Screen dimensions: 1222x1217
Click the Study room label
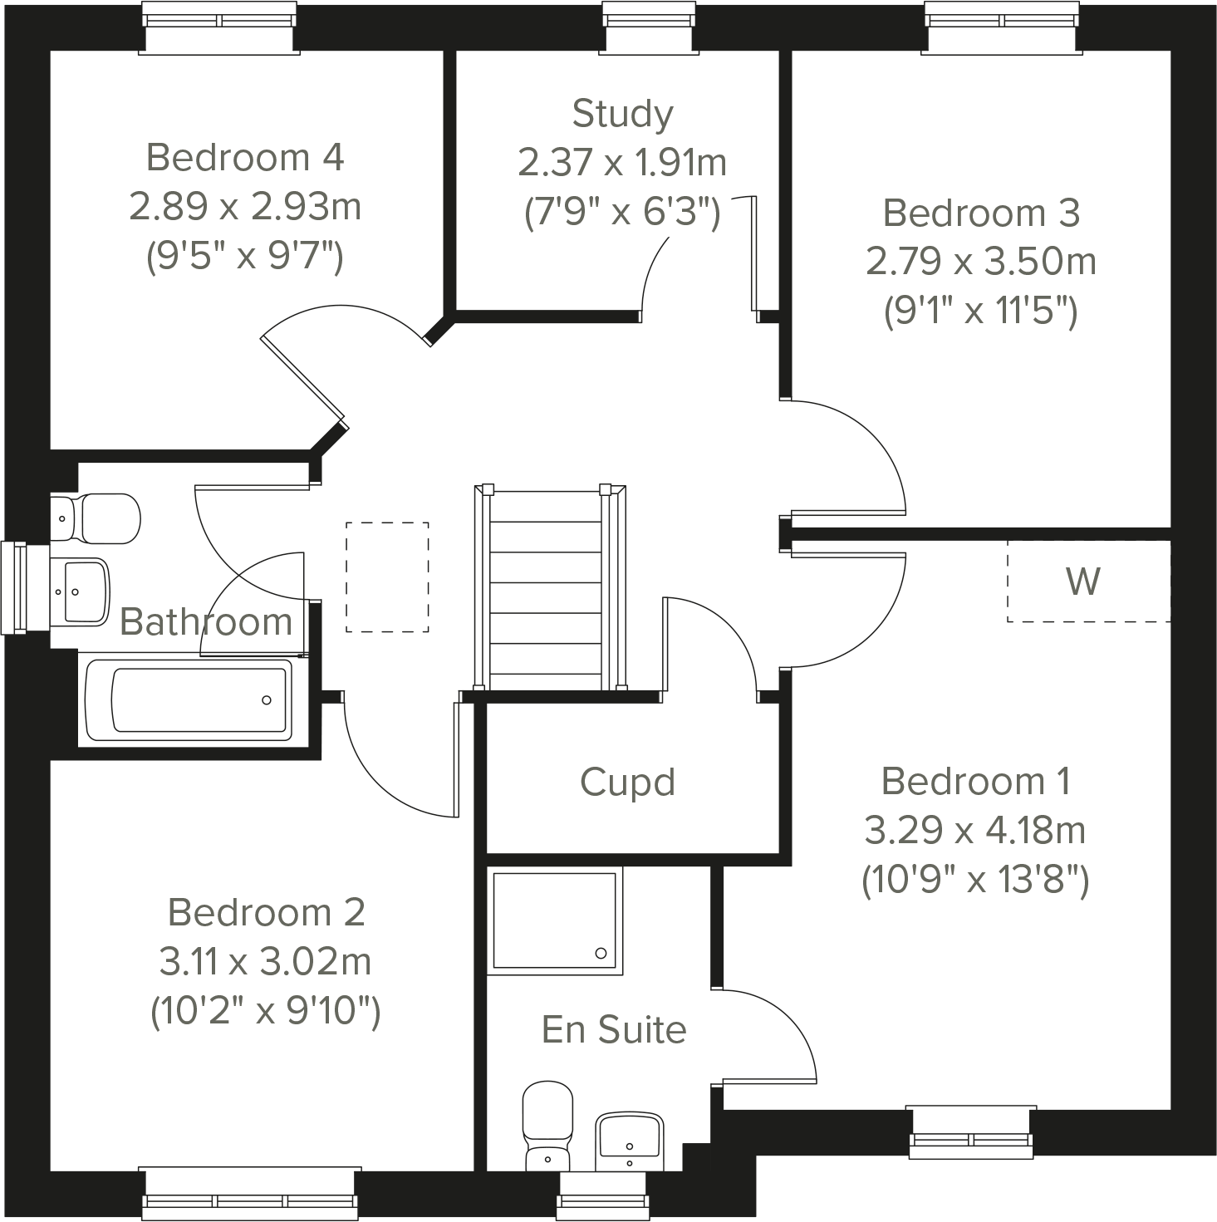(622, 114)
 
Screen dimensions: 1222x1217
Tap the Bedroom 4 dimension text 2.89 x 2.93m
(245, 206)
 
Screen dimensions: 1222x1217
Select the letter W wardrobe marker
(1083, 582)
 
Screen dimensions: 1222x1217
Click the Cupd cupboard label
(627, 783)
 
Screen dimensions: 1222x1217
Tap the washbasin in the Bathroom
(81, 591)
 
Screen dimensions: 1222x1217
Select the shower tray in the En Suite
(554, 920)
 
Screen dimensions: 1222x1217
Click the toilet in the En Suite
(547, 1123)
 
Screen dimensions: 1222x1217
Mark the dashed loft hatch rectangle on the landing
(387, 577)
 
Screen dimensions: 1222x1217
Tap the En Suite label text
(614, 1029)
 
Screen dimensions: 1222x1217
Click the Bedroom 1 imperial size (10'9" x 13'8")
(974, 880)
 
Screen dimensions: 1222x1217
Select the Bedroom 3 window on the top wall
(1003, 28)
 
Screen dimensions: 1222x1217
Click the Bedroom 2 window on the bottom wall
(251, 1194)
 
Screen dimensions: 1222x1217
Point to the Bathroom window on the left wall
(15, 586)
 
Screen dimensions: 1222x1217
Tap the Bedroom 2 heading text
(267, 912)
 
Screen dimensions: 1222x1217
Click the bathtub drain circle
(267, 700)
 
